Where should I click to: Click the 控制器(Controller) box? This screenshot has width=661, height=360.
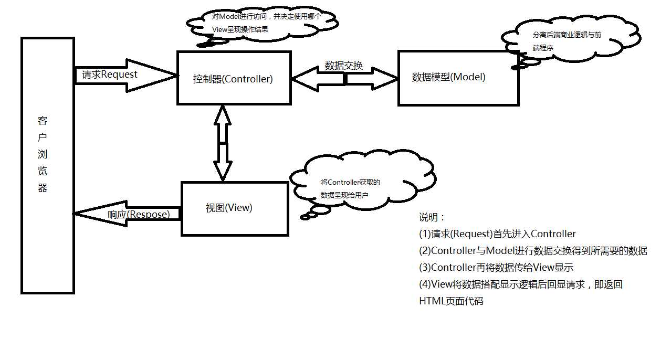pyautogui.click(x=234, y=78)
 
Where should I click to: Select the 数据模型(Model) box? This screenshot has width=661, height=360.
pyautogui.click(x=458, y=78)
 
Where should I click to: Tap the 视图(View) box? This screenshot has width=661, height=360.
pyautogui.click(x=234, y=208)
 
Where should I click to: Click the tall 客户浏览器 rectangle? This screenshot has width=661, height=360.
pyautogui.click(x=47, y=165)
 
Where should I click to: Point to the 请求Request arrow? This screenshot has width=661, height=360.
pyautogui.click(x=125, y=76)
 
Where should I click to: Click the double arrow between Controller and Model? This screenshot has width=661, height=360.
pyautogui.click(x=344, y=79)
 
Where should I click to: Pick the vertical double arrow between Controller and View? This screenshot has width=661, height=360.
pyautogui.click(x=223, y=143)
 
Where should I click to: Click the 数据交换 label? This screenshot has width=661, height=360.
pyautogui.click(x=343, y=66)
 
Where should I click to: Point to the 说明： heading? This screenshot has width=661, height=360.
pyautogui.click(x=432, y=217)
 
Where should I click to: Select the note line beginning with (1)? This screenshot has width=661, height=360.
pyautogui.click(x=497, y=234)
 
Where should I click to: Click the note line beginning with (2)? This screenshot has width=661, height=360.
pyautogui.click(x=532, y=251)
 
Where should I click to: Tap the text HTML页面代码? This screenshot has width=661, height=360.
pyautogui.click(x=450, y=301)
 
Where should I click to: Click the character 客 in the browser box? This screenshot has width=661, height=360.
pyautogui.click(x=43, y=121)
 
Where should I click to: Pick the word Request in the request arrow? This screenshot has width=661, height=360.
pyautogui.click(x=119, y=75)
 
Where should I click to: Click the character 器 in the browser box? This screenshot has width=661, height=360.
pyautogui.click(x=43, y=188)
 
